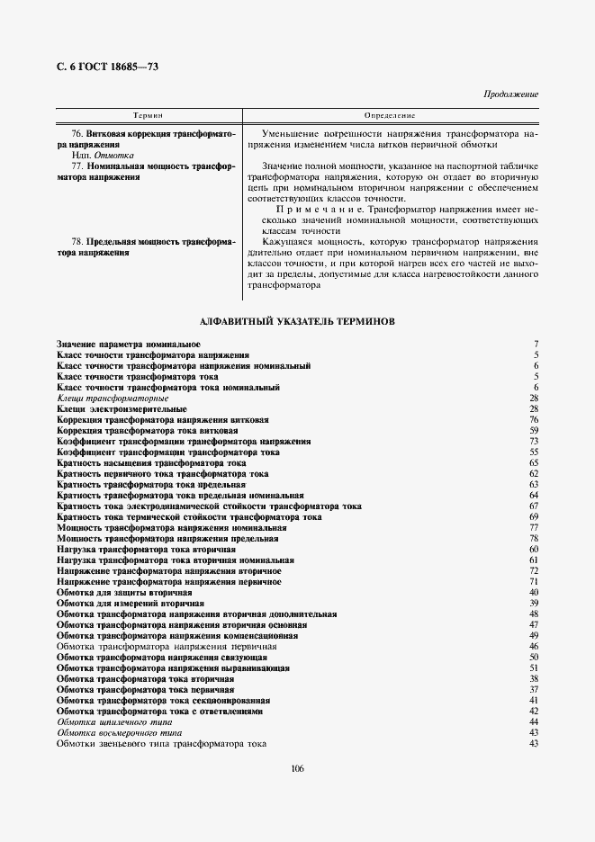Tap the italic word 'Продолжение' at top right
pos(510,94)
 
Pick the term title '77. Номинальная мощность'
pos(147,166)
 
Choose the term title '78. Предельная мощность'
pos(147,242)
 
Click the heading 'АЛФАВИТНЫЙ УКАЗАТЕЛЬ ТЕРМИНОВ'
pos(297,320)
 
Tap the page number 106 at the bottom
pos(297,767)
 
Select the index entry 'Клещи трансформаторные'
pos(113,398)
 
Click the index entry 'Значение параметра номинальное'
pos(128,345)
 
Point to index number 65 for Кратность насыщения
pos(534,462)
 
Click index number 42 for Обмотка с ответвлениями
pos(534,712)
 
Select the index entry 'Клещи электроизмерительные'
pos(122,408)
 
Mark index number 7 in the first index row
pos(536,345)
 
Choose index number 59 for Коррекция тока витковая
pos(534,430)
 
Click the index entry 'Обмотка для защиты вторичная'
pos(124,593)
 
